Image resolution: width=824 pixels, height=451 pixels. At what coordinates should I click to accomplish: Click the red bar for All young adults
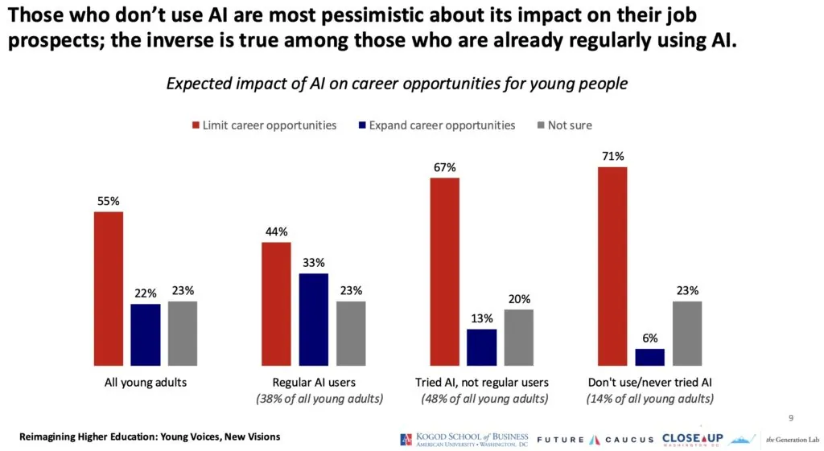(109, 288)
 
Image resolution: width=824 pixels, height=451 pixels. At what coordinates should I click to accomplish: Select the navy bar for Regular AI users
(313, 318)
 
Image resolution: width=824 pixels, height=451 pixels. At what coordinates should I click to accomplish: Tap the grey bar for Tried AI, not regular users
(518, 337)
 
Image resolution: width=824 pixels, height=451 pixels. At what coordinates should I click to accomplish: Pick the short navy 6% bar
(649, 356)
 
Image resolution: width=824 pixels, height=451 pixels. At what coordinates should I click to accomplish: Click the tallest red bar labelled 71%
(612, 265)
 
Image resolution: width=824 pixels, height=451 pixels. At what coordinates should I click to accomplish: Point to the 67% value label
(444, 167)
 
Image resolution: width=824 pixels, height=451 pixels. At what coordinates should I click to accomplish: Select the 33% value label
(313, 263)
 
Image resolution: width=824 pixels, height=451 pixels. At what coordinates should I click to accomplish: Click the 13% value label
(481, 318)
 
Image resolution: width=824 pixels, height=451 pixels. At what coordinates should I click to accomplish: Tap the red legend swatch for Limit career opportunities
(195, 125)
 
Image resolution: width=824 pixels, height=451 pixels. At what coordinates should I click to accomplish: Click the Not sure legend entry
(569, 125)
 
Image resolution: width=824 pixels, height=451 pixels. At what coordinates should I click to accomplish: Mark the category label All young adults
(146, 383)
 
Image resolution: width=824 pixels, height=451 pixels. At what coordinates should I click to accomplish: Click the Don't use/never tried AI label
(649, 383)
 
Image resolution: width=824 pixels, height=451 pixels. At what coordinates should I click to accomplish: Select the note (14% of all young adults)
(649, 399)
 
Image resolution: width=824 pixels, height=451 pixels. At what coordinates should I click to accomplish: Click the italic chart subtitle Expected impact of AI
(396, 84)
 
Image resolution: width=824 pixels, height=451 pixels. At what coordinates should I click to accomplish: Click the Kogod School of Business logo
(464, 439)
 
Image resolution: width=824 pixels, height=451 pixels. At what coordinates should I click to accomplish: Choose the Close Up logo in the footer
(692, 439)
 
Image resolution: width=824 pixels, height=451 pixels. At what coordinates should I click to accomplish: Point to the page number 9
(790, 417)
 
